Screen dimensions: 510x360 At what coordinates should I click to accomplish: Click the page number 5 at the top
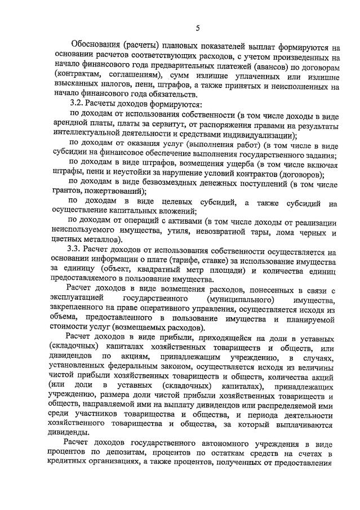(x=198, y=28)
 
